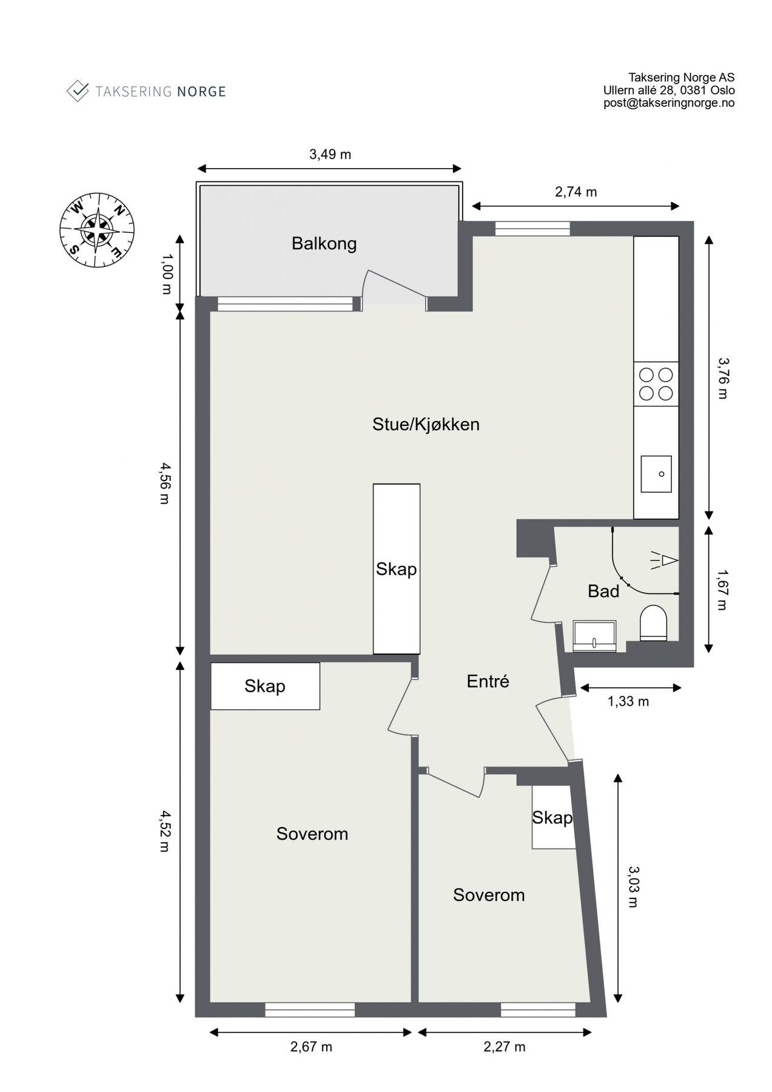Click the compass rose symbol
click(x=96, y=231)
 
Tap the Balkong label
click(x=324, y=244)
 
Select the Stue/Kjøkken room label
click(x=426, y=424)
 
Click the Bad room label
click(x=603, y=591)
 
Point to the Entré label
click(x=488, y=681)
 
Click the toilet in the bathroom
click(x=653, y=623)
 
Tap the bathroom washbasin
click(x=594, y=636)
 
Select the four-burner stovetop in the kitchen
click(x=656, y=384)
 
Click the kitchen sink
click(x=656, y=474)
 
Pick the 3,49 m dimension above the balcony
click(x=330, y=154)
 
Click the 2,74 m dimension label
click(x=576, y=192)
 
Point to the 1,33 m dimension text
click(x=628, y=701)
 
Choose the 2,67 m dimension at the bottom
click(x=311, y=1046)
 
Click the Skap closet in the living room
click(x=397, y=569)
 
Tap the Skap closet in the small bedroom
click(x=552, y=818)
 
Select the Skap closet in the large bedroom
click(x=265, y=686)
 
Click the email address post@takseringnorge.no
click(x=669, y=103)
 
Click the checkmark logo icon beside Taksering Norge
click(x=77, y=91)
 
